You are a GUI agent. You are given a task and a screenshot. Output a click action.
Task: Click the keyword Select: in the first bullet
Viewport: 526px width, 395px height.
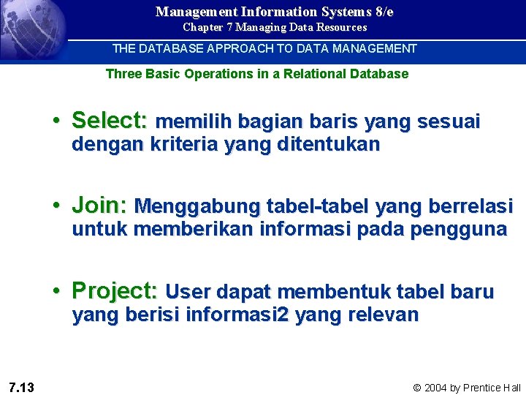click(110, 121)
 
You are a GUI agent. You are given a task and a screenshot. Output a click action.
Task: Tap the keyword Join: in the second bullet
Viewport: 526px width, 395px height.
click(99, 206)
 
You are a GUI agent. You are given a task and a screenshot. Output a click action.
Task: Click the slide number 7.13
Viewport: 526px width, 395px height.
click(22, 387)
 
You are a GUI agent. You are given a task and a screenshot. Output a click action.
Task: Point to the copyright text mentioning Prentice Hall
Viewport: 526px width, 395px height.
click(467, 388)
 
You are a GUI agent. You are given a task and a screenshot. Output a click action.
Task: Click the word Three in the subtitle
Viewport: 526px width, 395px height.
click(122, 74)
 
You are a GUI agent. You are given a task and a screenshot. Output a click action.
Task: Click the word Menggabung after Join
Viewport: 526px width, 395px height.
click(198, 206)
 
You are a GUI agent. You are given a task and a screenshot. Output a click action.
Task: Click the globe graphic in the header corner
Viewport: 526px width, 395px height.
click(29, 29)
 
